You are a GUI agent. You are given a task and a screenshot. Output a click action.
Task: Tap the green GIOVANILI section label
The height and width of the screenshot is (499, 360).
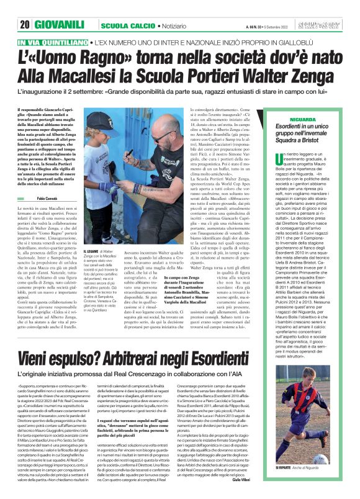56,25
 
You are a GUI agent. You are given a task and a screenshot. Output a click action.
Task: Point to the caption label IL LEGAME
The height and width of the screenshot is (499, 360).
93,251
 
